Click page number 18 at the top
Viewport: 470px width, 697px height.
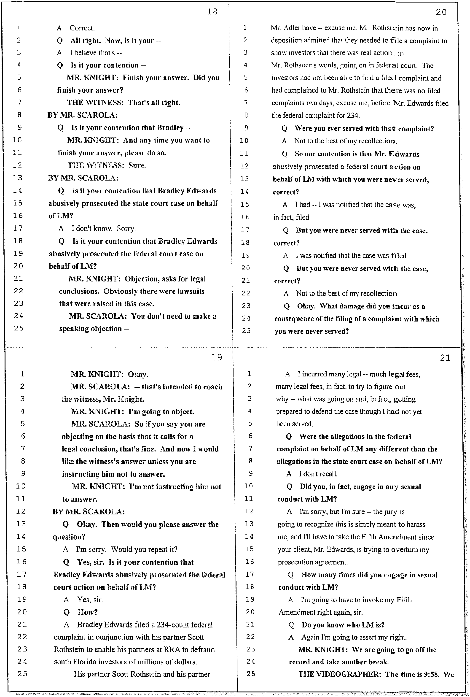click(212, 12)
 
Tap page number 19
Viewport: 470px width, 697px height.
click(216, 357)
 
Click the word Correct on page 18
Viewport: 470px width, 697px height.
click(82, 28)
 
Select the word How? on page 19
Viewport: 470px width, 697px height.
click(88, 612)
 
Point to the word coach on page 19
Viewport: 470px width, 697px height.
click(213, 387)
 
